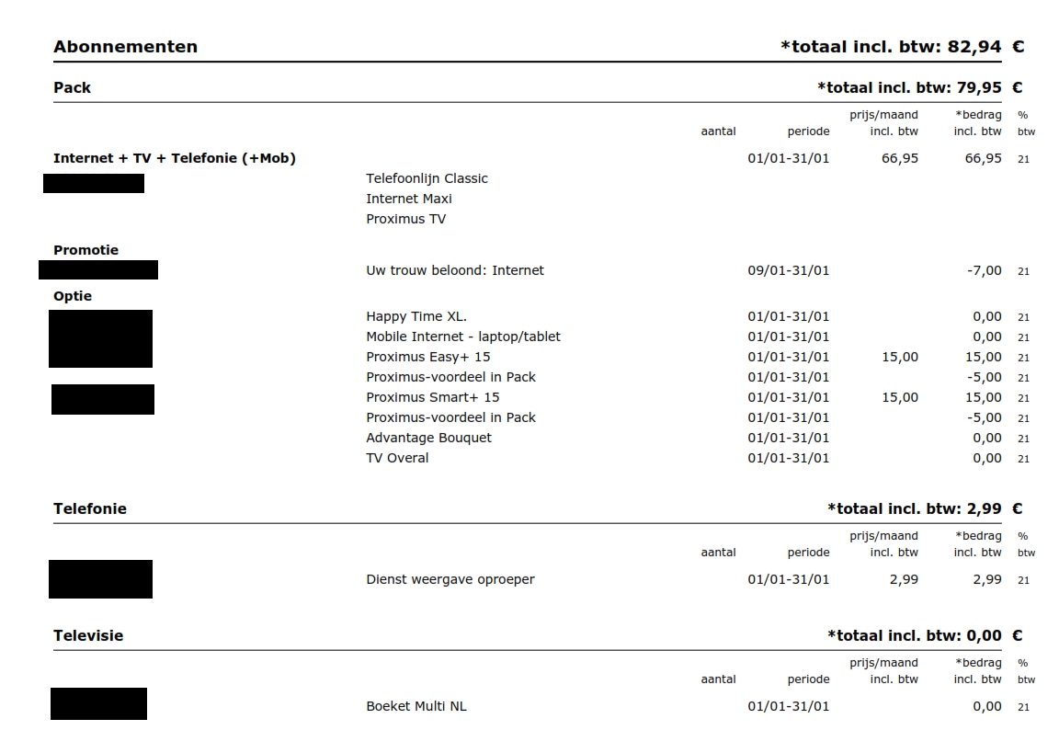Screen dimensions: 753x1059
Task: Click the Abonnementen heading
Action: (x=125, y=47)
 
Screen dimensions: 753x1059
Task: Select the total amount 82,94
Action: (x=974, y=47)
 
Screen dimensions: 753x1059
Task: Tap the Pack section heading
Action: (x=73, y=88)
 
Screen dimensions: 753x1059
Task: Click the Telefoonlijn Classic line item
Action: (x=427, y=178)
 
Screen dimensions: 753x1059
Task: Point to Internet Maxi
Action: (x=409, y=199)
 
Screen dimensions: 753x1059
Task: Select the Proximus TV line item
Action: (x=405, y=219)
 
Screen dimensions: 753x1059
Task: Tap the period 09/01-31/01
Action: (x=788, y=270)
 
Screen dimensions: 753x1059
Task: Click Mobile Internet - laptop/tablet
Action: (x=462, y=337)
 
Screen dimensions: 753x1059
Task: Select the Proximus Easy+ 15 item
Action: (x=427, y=357)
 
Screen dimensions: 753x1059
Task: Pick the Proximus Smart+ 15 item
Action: (x=432, y=397)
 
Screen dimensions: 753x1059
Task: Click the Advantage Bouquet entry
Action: (x=428, y=438)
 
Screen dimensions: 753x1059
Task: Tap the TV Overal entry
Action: (x=397, y=458)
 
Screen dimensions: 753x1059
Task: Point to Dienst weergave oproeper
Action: (x=450, y=579)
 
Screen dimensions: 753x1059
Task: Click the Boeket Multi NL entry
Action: (x=416, y=706)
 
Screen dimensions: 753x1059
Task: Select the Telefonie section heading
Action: (x=90, y=509)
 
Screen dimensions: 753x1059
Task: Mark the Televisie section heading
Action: (x=88, y=636)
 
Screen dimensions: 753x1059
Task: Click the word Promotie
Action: (x=85, y=250)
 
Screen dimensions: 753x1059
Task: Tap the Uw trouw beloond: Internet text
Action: (x=454, y=270)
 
